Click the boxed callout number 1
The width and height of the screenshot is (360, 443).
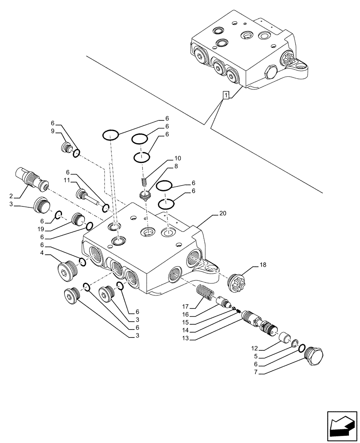pos(226,95)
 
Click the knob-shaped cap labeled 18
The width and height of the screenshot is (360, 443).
pos(236,282)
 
